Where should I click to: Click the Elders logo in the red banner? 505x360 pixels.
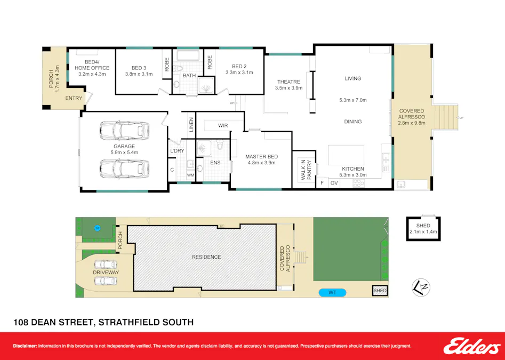[472, 346]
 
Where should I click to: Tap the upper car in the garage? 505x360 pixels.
[124, 130]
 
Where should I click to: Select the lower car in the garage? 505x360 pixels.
[124, 169]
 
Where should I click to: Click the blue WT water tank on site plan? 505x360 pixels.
[332, 292]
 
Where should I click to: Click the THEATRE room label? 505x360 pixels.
[288, 82]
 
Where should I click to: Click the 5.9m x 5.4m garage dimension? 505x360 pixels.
[124, 153]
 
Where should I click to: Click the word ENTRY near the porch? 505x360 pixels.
[74, 98]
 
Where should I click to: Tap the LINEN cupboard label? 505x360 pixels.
[191, 125]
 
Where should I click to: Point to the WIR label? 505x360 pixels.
[223, 126]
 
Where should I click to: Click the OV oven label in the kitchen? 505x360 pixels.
[334, 183]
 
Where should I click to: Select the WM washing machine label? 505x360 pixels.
[190, 175]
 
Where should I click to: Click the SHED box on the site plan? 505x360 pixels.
[380, 291]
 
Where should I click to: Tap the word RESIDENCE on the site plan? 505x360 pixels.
[206, 257]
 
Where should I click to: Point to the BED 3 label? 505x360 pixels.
[139, 68]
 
